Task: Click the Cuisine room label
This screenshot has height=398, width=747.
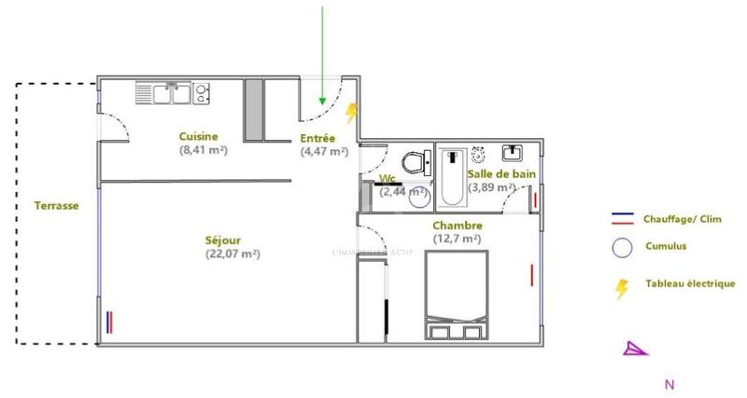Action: coord(199,136)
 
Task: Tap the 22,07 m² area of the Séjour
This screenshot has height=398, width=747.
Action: coord(232,254)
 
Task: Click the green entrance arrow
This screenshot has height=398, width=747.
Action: coord(323,56)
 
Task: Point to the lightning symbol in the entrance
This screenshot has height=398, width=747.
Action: coord(352,114)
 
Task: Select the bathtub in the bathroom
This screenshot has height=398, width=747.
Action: coord(454,177)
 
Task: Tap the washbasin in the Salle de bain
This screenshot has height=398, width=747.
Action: coord(513,151)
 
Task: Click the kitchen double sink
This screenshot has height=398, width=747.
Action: coord(163,91)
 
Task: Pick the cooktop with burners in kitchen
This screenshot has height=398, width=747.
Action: coord(202,91)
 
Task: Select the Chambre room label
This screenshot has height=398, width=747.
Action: coord(457,226)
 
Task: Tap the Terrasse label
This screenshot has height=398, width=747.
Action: coord(56,206)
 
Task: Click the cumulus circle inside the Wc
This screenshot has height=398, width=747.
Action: coord(418,197)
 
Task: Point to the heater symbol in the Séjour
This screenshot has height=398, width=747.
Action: coord(111,322)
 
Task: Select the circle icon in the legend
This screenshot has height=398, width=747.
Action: coord(619,247)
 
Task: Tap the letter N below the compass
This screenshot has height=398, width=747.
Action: coord(669,383)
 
